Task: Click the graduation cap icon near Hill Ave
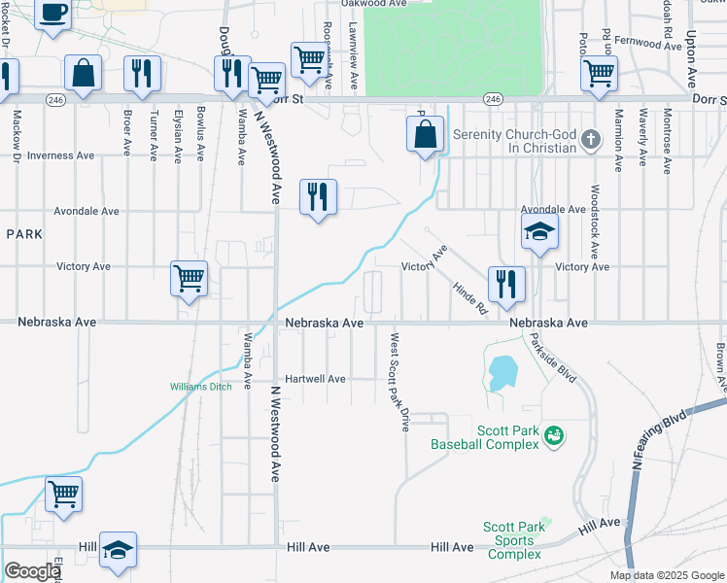118,550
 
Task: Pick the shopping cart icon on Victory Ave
189,279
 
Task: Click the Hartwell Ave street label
315,379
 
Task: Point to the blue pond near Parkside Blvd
502,372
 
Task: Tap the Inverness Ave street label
60,155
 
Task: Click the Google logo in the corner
32,571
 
